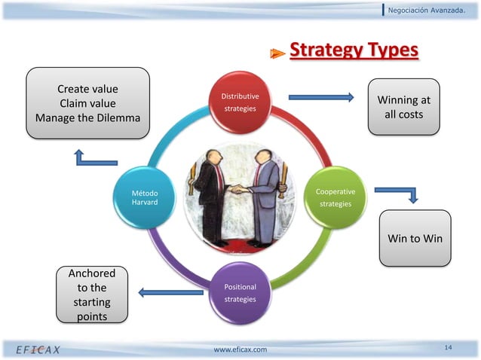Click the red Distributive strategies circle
pos(240,103)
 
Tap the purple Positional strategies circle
pos(240,293)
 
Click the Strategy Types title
pos(354,50)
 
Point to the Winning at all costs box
pos(404,107)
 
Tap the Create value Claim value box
pos(87,103)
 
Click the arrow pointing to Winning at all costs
pos(320,96)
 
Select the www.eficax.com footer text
pos(240,349)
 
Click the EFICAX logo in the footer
pos(38,349)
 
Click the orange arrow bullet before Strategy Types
pos(278,53)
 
